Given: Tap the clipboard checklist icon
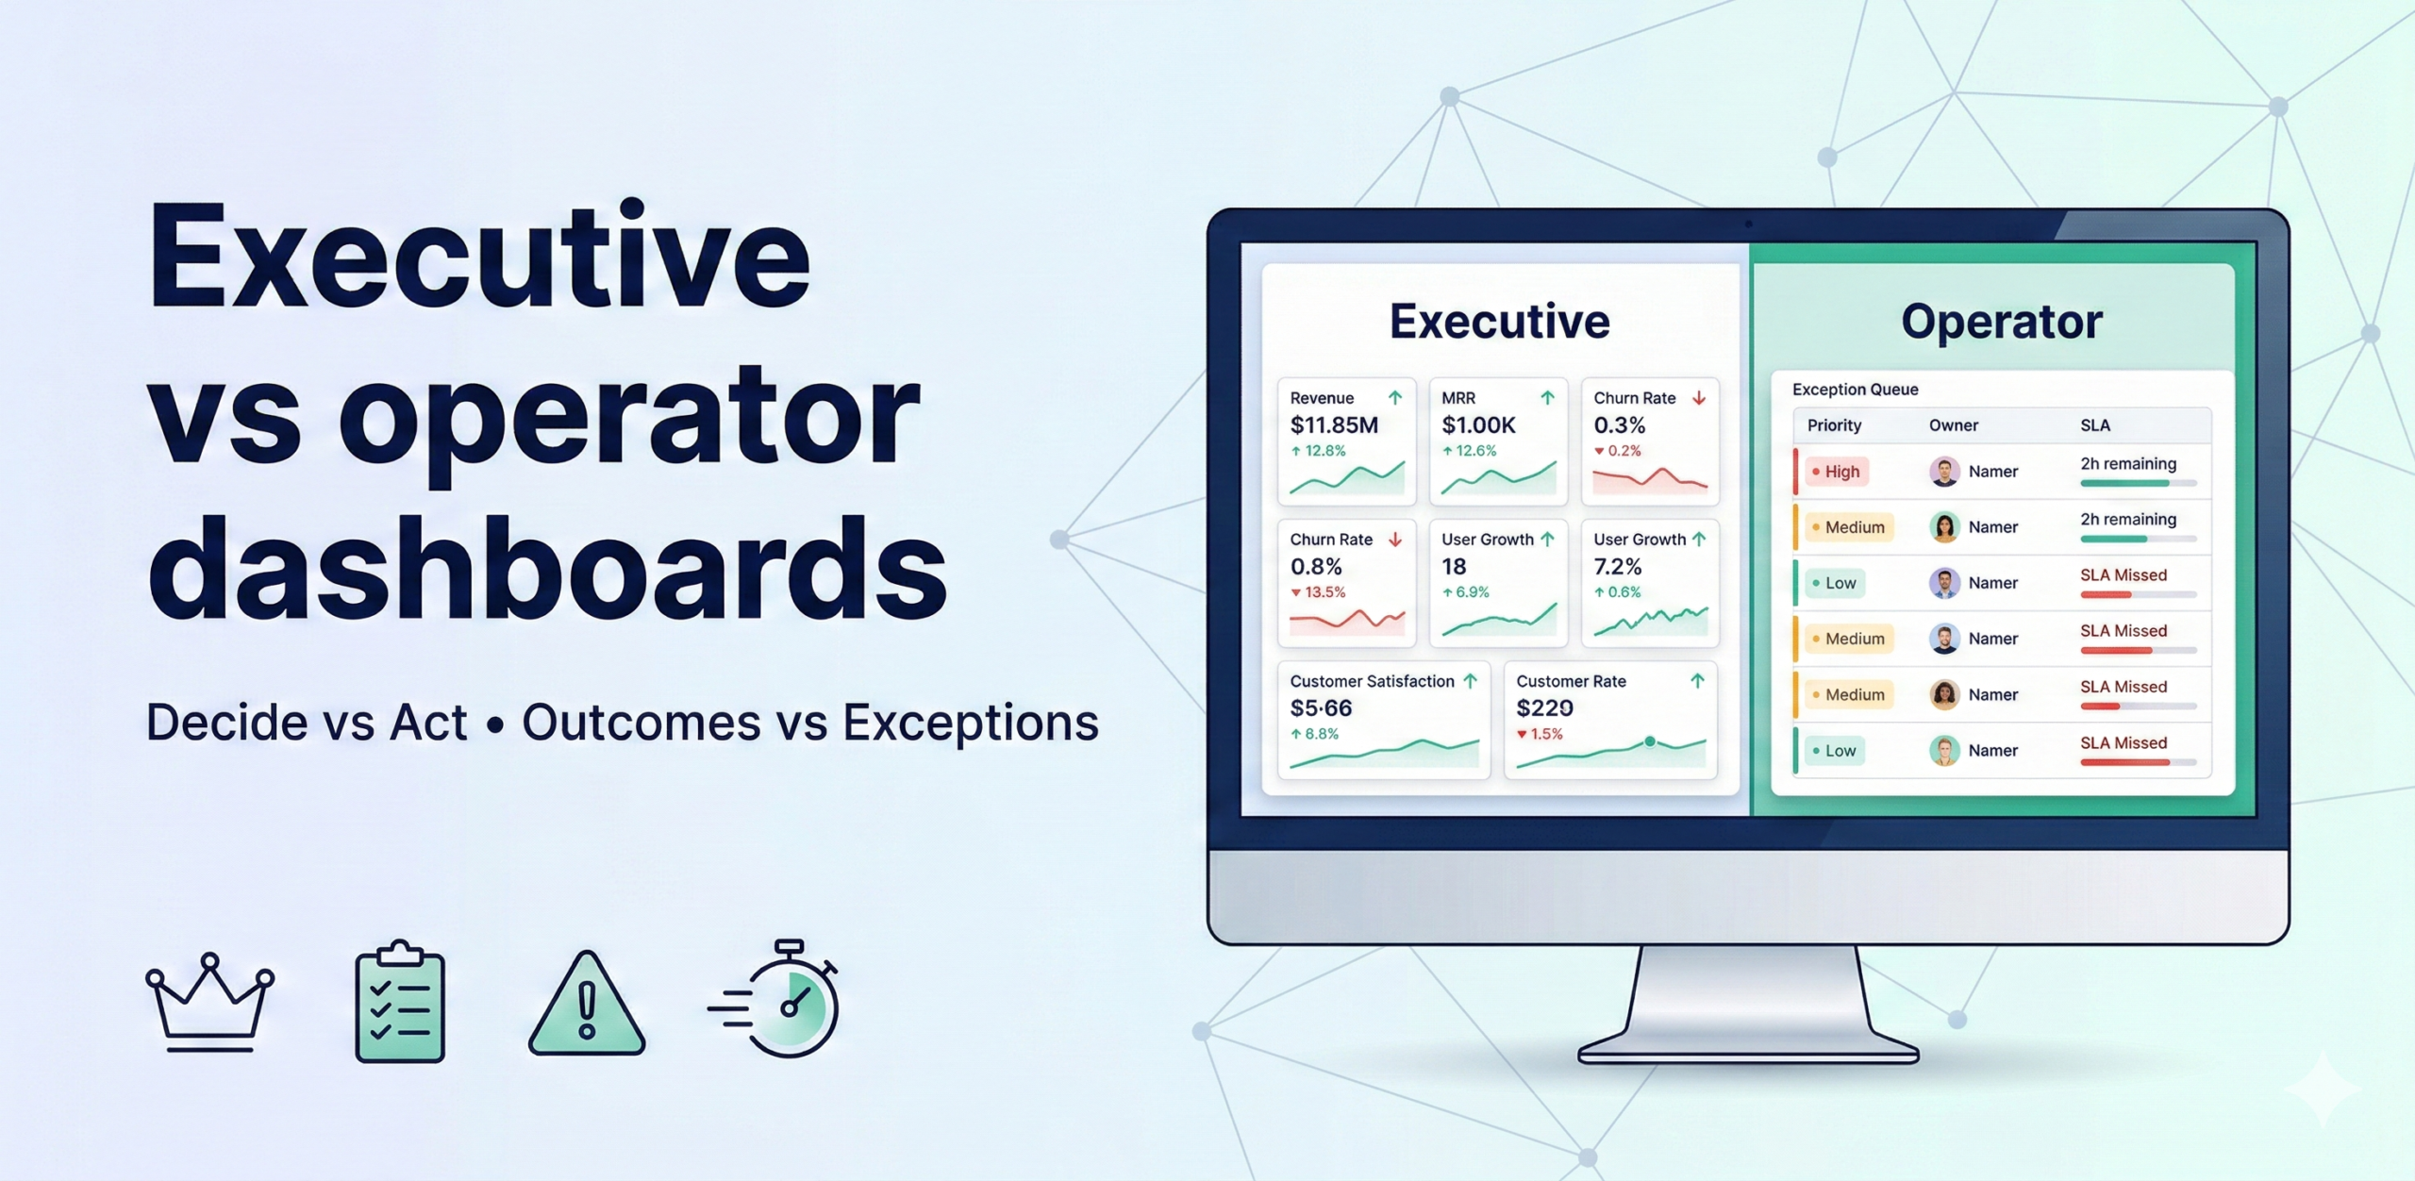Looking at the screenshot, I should click(x=400, y=1002).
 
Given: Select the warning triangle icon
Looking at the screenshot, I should click(x=587, y=1006).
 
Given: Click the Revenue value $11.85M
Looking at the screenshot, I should click(x=1334, y=425).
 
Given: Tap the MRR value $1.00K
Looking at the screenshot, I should click(x=1478, y=425).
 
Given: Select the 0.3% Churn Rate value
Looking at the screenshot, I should click(x=1619, y=425).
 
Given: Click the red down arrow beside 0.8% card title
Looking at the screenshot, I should click(x=1395, y=540).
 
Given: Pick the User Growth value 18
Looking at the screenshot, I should click(x=1454, y=567).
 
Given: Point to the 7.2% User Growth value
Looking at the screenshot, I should click(x=1617, y=567).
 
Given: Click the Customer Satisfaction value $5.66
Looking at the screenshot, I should click(x=1321, y=708).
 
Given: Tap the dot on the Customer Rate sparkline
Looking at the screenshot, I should click(x=1650, y=741).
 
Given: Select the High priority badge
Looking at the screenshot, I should click(x=1836, y=472).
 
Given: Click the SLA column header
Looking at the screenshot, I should click(x=2094, y=425).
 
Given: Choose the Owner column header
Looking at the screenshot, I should click(x=1953, y=425).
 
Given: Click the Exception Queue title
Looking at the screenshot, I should click(x=1855, y=390).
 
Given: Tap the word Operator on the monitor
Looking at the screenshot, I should click(x=2001, y=323).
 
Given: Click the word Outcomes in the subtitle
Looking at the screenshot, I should click(x=641, y=723).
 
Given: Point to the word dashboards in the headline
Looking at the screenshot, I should click(x=547, y=568).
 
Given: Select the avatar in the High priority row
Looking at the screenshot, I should click(x=1944, y=472).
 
